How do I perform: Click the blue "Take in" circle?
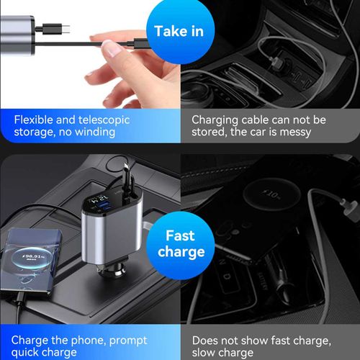[179, 30]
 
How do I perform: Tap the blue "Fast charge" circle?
[180, 243]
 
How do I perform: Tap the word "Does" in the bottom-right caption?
[209, 340]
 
